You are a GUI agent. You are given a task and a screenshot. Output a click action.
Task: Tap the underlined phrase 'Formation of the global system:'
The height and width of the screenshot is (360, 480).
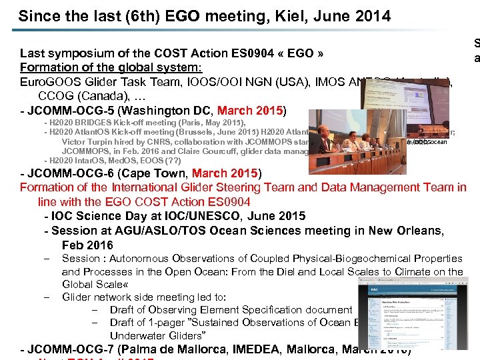pyautogui.click(x=111, y=67)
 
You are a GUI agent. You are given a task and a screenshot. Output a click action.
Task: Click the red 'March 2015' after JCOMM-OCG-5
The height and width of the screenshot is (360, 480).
pyautogui.click(x=250, y=110)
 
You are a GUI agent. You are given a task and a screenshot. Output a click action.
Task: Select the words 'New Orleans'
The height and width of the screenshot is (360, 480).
pyautogui.click(x=411, y=231)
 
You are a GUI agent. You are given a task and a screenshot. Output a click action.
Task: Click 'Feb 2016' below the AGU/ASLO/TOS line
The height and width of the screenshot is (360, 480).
pyautogui.click(x=87, y=245)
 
